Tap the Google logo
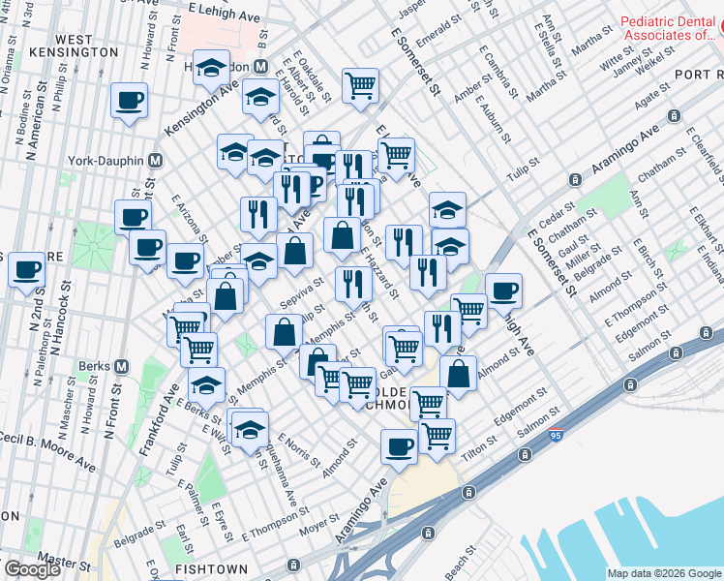(x=32, y=569)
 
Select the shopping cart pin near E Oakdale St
(x=360, y=84)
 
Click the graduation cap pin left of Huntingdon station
(x=211, y=67)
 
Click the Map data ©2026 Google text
(x=663, y=573)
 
